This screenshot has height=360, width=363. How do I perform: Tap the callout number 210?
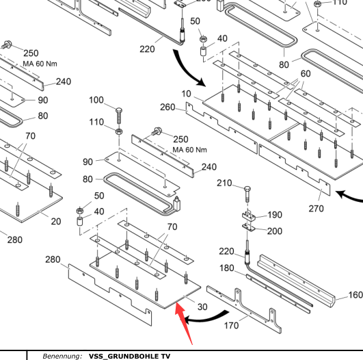tap(224, 183)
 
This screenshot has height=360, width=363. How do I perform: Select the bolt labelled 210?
tap(247, 194)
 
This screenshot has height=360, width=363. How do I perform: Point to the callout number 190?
tap(275, 215)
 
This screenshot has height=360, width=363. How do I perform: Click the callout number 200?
tap(275, 231)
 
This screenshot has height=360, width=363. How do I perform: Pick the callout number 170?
tap(231, 326)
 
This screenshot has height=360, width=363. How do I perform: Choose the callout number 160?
tap(355, 295)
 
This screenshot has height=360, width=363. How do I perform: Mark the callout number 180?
tap(227, 268)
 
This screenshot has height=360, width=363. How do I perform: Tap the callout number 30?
tap(202, 307)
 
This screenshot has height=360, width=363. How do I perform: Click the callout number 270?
tap(316, 208)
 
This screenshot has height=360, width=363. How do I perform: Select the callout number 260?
tap(167, 107)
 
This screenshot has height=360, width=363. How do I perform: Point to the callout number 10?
tap(186, 94)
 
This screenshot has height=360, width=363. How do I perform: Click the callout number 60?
tap(306, 74)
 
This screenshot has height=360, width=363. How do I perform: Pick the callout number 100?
tap(96, 100)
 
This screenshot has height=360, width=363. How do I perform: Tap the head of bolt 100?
tap(119, 111)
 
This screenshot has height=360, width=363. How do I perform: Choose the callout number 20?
tap(56, 221)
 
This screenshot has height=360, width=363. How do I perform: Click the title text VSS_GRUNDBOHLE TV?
tap(129, 356)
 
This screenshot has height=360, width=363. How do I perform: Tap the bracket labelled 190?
tap(249, 216)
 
